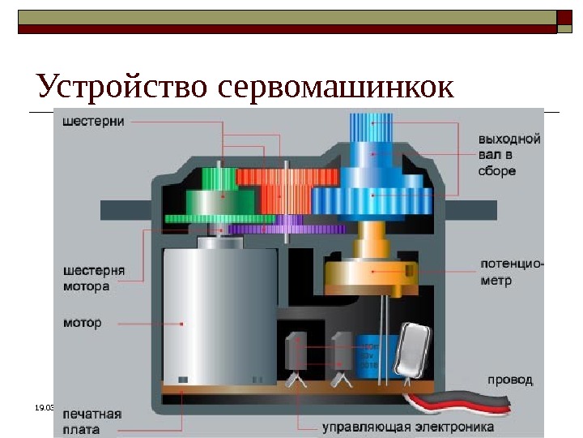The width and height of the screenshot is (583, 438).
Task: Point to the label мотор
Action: click(83, 322)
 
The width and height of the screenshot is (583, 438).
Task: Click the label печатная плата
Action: click(93, 421)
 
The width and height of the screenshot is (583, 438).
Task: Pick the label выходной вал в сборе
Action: click(509, 155)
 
